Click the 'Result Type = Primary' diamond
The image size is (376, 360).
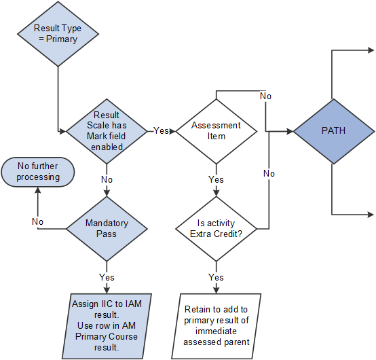[x=58, y=34]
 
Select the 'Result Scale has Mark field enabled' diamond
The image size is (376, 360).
[x=107, y=130]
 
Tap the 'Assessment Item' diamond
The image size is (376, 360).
[x=216, y=130]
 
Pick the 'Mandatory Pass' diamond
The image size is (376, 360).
[x=107, y=228]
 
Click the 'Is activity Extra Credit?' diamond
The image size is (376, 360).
[x=216, y=228]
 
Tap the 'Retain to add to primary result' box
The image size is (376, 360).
[x=217, y=325]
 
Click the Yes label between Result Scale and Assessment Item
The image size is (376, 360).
[x=161, y=130]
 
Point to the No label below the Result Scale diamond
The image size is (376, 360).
[x=107, y=180]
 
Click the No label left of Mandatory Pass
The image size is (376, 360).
[x=38, y=221]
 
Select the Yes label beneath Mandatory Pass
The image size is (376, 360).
[x=107, y=277]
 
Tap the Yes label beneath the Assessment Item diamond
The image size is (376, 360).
[x=216, y=180]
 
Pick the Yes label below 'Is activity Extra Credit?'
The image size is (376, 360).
[x=216, y=277]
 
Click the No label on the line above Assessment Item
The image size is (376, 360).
[x=265, y=96]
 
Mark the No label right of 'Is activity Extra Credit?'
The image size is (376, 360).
[x=269, y=173]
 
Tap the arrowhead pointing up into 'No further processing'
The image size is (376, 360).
[x=39, y=191]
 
